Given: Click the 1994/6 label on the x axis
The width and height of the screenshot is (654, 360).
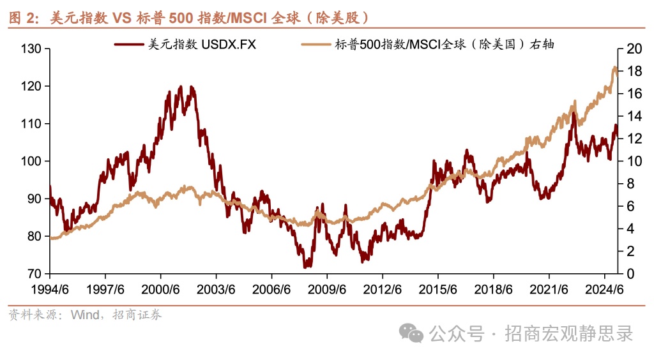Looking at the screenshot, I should point(50,289).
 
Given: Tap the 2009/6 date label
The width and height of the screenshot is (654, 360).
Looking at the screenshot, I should point(327,289).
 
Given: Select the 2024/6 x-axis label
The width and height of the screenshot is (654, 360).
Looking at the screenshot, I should point(604,289).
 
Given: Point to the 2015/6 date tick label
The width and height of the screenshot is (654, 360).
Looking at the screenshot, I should point(437,289).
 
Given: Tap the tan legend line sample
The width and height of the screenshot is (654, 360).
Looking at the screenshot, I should point(316,44).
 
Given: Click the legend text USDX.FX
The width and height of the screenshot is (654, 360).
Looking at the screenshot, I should point(229,44).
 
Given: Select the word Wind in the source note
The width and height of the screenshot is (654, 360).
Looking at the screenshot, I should point(84,315).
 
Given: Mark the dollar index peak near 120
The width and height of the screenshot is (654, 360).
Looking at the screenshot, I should point(180,86).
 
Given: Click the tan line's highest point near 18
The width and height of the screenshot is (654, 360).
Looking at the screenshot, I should point(614,67).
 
